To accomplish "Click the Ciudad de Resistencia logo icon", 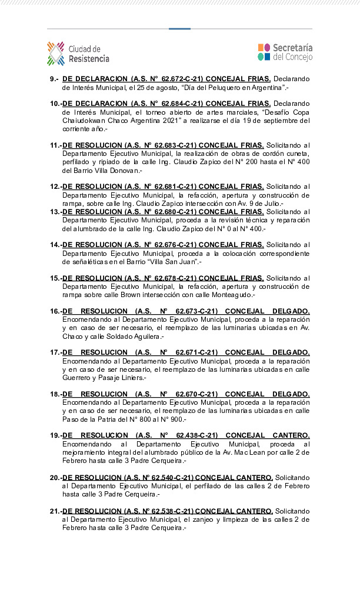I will coord(56,53).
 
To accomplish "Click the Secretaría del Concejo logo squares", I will coord(264,52).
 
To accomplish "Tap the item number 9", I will coord(54,79).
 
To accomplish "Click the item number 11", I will coord(55,145).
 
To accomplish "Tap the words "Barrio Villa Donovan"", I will coord(104,171).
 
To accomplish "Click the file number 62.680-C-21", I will coord(170,211).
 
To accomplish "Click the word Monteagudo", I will coord(230,295).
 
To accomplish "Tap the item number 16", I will coord(55,311).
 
